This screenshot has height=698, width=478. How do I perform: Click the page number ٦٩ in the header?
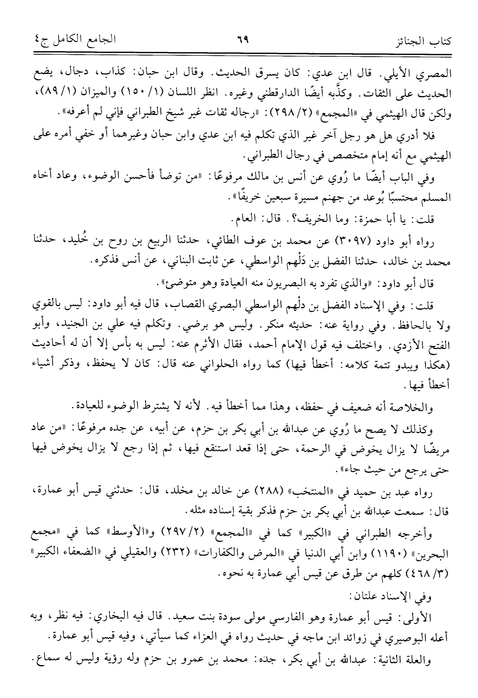point(239,39)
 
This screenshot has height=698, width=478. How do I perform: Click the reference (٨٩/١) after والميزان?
point(41,95)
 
